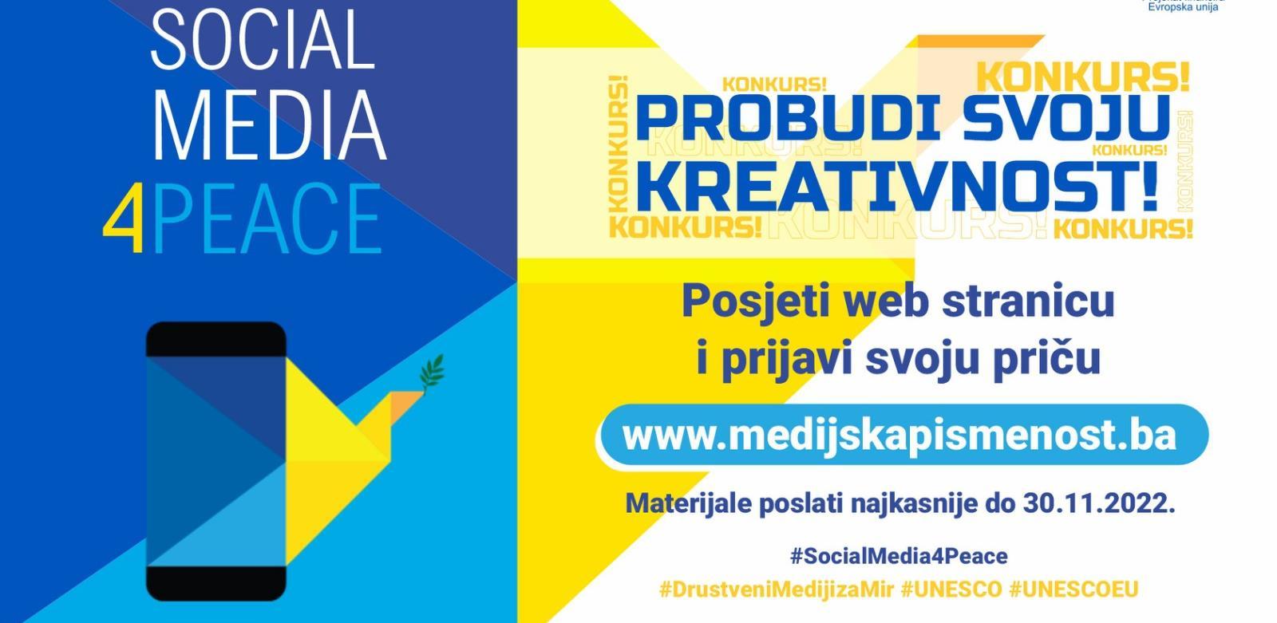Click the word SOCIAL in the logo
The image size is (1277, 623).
263,38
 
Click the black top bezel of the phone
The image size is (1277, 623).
215,338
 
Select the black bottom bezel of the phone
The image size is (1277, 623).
215,582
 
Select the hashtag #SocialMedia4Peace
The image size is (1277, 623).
898,555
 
